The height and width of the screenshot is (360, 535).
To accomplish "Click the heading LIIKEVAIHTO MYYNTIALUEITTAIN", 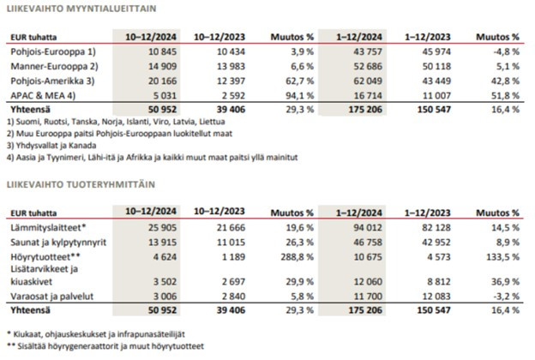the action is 81,9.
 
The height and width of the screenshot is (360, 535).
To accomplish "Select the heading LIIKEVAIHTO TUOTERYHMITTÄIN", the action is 81,184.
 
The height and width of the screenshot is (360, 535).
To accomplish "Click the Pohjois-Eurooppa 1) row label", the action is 53,52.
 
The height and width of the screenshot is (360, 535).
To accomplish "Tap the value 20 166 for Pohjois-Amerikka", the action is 162,81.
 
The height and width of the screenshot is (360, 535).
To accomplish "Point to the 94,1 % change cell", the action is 299,96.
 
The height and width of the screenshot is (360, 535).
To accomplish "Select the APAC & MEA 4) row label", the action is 43,96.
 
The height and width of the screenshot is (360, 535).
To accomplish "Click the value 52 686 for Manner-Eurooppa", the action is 368,67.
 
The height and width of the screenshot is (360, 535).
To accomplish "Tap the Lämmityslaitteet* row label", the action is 48,228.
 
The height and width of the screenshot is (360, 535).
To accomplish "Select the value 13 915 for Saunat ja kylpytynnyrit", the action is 162,243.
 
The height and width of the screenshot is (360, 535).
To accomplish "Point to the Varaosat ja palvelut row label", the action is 51,297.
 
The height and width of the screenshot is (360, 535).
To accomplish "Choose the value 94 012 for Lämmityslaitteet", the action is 368,228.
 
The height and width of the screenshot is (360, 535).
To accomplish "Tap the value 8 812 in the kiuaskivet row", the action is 439,282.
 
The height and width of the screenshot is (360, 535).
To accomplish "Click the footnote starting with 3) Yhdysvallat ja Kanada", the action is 51,146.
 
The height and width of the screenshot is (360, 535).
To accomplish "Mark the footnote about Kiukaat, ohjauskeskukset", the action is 96,334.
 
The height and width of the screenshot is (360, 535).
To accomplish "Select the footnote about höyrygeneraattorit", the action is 105,346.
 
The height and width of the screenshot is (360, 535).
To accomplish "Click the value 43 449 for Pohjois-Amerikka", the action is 436,81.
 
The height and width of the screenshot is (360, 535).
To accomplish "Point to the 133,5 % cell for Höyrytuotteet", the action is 503,257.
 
